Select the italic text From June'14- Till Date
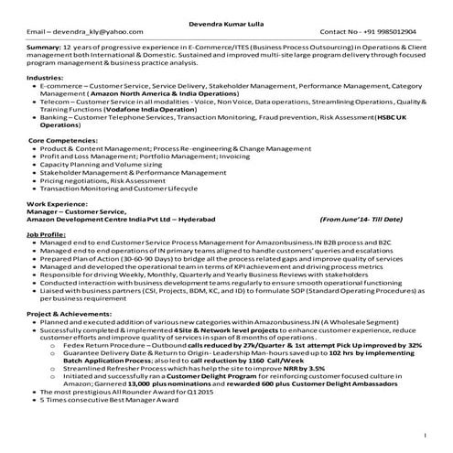361,221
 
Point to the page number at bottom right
426,435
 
